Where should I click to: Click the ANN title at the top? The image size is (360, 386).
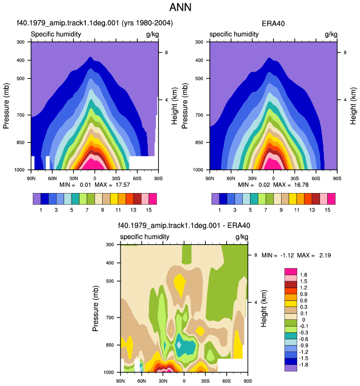tap(180, 7)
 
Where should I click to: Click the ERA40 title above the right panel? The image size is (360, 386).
tap(273, 23)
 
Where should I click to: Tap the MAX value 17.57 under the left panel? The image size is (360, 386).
tap(122, 185)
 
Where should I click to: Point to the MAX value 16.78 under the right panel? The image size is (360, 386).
tap(301, 185)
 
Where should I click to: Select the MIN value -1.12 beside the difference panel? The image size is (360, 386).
tap(287, 255)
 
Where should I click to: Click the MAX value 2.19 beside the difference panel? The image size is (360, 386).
tap(325, 255)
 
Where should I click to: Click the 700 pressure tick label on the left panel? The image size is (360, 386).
tap(21, 115)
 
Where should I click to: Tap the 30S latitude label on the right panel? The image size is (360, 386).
tap(294, 178)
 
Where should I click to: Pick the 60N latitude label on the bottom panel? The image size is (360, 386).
tap(142, 381)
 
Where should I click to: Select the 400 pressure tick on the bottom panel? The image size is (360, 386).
tap(110, 263)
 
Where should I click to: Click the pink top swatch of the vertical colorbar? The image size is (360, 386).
tap(291, 271)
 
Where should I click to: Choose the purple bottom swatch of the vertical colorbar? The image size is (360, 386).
tap(291, 368)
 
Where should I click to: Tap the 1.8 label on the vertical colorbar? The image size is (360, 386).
tap(303, 275)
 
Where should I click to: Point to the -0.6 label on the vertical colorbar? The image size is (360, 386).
tap(303, 339)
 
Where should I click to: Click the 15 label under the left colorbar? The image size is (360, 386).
tap(148, 210)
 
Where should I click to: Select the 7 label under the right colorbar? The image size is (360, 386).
tap(266, 210)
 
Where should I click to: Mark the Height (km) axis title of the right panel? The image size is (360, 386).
tap(353, 106)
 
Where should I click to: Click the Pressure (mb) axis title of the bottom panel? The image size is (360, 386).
tap(96, 309)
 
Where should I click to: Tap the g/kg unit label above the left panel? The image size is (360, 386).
tap(152, 34)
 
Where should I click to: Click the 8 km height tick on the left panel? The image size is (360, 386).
tap(166, 52)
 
